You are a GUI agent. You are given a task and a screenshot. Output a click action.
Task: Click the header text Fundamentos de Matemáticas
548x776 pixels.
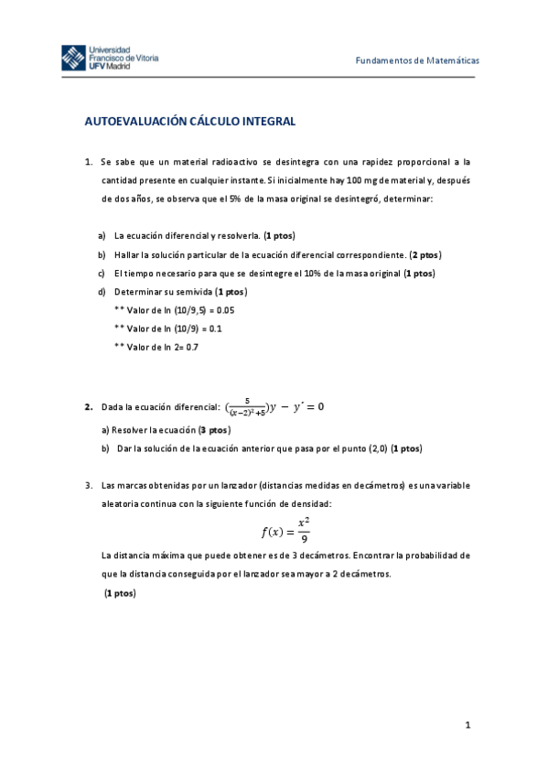(x=417, y=60)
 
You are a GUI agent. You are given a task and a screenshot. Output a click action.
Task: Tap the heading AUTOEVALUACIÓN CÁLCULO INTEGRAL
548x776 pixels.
(x=189, y=121)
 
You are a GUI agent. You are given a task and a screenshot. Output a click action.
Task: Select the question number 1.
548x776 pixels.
(x=88, y=161)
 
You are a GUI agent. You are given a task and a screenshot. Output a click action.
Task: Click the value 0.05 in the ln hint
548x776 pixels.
(x=224, y=309)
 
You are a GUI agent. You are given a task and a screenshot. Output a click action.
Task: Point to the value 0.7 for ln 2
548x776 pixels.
(x=191, y=347)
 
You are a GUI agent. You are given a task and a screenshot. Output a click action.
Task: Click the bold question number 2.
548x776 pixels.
(x=88, y=406)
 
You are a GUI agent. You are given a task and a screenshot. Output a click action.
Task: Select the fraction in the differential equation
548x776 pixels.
(x=247, y=406)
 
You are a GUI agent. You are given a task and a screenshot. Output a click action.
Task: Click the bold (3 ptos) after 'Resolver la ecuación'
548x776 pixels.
(x=213, y=429)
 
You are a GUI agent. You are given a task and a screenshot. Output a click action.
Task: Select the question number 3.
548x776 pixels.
(x=88, y=485)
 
